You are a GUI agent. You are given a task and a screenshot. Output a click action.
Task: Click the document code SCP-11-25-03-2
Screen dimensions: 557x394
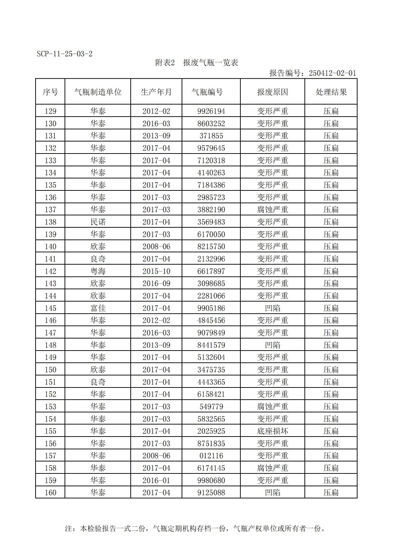tap(64, 54)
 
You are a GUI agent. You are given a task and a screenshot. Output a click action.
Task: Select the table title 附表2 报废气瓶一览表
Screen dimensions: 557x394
tap(197, 63)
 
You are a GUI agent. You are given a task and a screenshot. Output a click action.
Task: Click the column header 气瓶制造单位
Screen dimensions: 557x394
tap(98, 92)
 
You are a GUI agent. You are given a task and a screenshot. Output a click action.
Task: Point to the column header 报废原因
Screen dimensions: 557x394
tap(272, 92)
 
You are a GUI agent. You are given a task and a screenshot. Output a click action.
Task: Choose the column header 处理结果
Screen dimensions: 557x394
tap(331, 92)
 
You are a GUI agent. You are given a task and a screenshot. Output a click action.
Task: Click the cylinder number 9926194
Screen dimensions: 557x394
tap(211, 111)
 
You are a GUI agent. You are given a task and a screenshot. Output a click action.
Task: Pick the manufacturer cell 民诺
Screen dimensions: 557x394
tap(98, 222)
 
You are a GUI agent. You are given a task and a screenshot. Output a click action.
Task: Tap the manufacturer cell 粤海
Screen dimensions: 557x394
tap(98, 271)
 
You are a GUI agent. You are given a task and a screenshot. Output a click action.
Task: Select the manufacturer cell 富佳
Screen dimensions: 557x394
tap(98, 308)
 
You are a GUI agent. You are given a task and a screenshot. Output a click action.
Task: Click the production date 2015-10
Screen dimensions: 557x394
tap(156, 271)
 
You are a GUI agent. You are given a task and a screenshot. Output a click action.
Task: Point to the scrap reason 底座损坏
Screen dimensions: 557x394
tap(272, 431)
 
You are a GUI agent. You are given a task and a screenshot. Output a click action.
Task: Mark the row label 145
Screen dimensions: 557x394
tap(51, 308)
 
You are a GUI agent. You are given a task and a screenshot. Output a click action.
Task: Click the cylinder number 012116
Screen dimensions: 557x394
tap(211, 456)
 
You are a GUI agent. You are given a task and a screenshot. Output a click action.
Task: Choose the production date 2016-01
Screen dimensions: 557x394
tap(156, 480)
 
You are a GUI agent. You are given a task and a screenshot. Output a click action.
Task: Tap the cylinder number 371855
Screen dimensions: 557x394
tap(211, 136)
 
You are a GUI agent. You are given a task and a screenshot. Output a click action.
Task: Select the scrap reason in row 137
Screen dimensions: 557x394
tap(272, 210)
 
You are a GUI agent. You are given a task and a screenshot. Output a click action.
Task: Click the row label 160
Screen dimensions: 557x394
tap(51, 493)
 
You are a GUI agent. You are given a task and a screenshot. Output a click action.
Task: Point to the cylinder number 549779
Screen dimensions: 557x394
tap(211, 407)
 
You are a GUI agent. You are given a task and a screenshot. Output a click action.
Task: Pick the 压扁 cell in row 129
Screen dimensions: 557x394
tap(331, 111)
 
